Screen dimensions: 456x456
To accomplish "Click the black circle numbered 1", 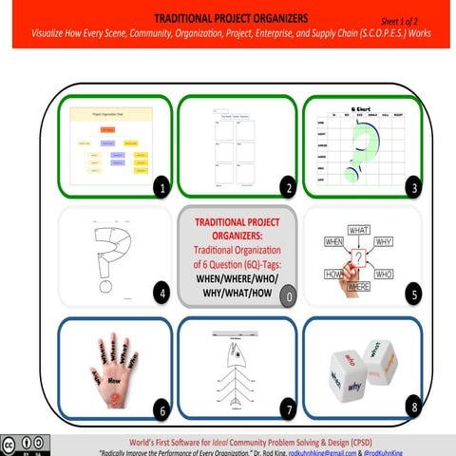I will coord(162,188).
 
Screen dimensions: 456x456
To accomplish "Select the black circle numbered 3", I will coord(412,188).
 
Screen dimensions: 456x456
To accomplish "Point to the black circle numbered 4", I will coord(162,294).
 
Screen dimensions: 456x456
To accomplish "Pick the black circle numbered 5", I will coord(412,294).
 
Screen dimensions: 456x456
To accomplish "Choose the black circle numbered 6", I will coord(162,410).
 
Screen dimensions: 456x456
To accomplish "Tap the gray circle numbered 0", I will coord(288,299).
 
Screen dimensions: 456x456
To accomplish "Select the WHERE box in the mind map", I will coord(358,286).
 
